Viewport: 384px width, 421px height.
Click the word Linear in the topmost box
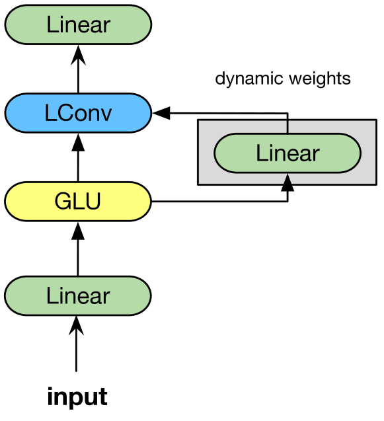tap(78, 25)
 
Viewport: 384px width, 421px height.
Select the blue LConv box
tap(78, 113)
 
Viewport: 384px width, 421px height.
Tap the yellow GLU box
tap(78, 201)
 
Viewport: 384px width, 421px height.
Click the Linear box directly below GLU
tap(78, 295)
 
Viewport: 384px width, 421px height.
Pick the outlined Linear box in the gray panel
tap(288, 153)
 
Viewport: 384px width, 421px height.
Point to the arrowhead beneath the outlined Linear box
tap(287, 179)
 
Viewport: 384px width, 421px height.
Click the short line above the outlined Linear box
tap(287, 127)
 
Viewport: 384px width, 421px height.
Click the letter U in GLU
tap(93, 201)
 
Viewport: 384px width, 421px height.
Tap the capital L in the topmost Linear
tap(51, 25)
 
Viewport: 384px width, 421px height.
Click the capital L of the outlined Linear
tap(260, 153)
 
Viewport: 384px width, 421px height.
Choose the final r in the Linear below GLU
tap(106, 297)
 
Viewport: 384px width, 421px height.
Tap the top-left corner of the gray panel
tap(200, 122)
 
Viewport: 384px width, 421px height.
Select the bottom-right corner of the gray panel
tap(373, 182)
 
